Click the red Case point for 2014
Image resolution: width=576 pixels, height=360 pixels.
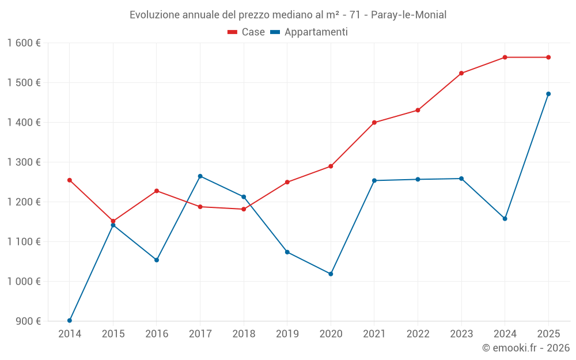point(70,180)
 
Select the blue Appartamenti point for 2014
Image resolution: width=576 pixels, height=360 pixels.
point(70,320)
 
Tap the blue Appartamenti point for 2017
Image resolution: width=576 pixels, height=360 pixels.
point(200,176)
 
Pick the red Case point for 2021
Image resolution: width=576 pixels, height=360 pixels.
point(374,123)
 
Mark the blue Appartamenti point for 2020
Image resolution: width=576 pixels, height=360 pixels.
point(331,274)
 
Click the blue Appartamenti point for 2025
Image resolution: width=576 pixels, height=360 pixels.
point(548,94)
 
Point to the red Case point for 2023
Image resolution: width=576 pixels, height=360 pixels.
point(461,73)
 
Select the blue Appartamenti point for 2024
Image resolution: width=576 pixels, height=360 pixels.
point(505,219)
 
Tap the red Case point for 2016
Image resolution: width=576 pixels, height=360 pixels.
point(157,191)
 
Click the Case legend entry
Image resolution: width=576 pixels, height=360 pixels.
point(247,32)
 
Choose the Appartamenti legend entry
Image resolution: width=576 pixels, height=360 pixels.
point(309,32)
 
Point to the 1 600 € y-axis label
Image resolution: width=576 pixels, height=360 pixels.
point(24,43)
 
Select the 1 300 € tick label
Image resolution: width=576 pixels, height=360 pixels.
point(24,162)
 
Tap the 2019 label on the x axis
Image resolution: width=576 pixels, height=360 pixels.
point(287,334)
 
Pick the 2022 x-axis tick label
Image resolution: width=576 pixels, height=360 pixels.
point(418,334)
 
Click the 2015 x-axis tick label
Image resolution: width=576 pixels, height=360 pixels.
point(113,334)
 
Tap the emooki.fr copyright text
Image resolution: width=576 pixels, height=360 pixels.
point(526,348)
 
